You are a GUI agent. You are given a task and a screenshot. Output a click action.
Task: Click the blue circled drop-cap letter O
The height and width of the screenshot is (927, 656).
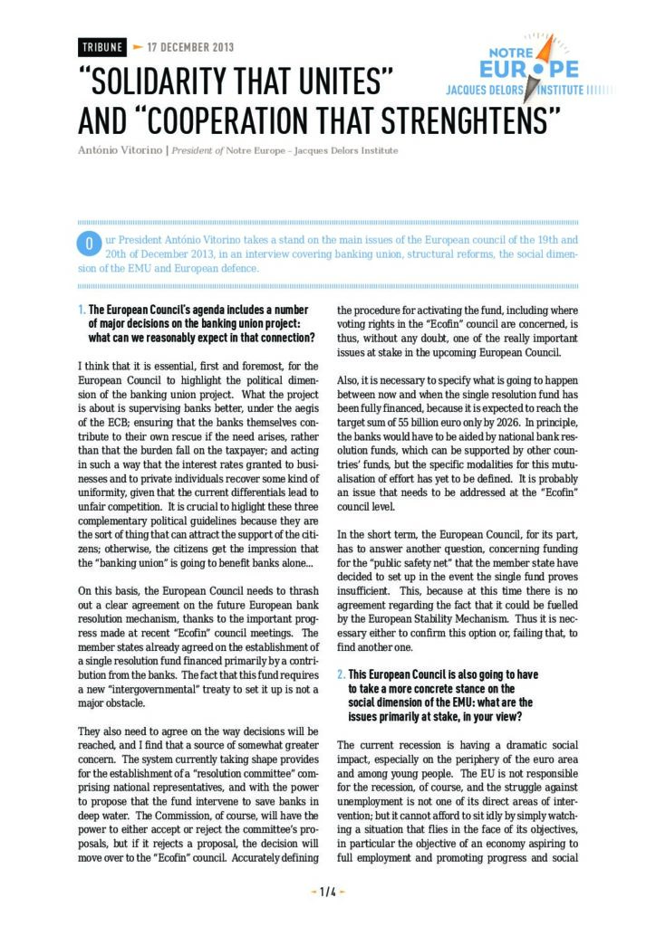[x=89, y=244]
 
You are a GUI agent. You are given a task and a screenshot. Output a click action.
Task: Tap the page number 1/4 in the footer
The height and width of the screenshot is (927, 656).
[x=328, y=891]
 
